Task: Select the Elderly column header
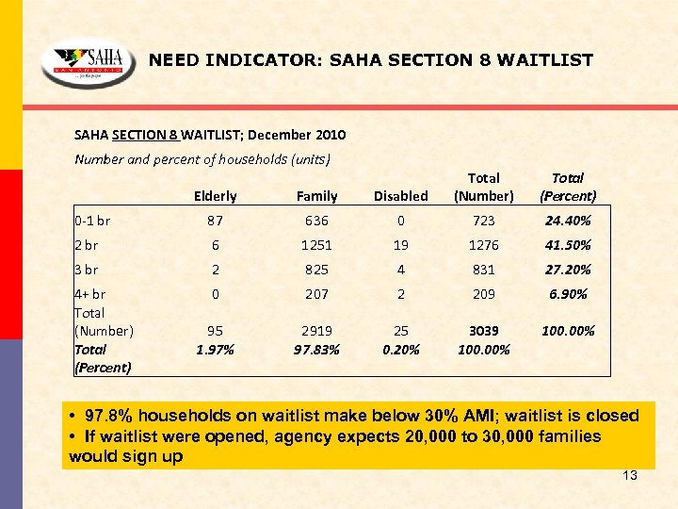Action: [x=215, y=196]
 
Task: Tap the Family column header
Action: [x=316, y=196]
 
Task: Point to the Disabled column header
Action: [x=400, y=196]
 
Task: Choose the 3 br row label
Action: [x=87, y=270]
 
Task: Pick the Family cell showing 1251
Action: [x=316, y=245]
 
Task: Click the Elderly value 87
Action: [x=215, y=221]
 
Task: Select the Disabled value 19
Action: [x=400, y=245]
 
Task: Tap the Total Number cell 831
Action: [x=483, y=270]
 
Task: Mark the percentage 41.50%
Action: [x=567, y=245]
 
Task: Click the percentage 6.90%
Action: [x=567, y=294]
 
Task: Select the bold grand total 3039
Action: [x=483, y=331]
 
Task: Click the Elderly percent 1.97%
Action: [x=215, y=349]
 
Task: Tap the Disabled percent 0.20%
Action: [x=400, y=349]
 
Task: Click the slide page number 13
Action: [x=630, y=475]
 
